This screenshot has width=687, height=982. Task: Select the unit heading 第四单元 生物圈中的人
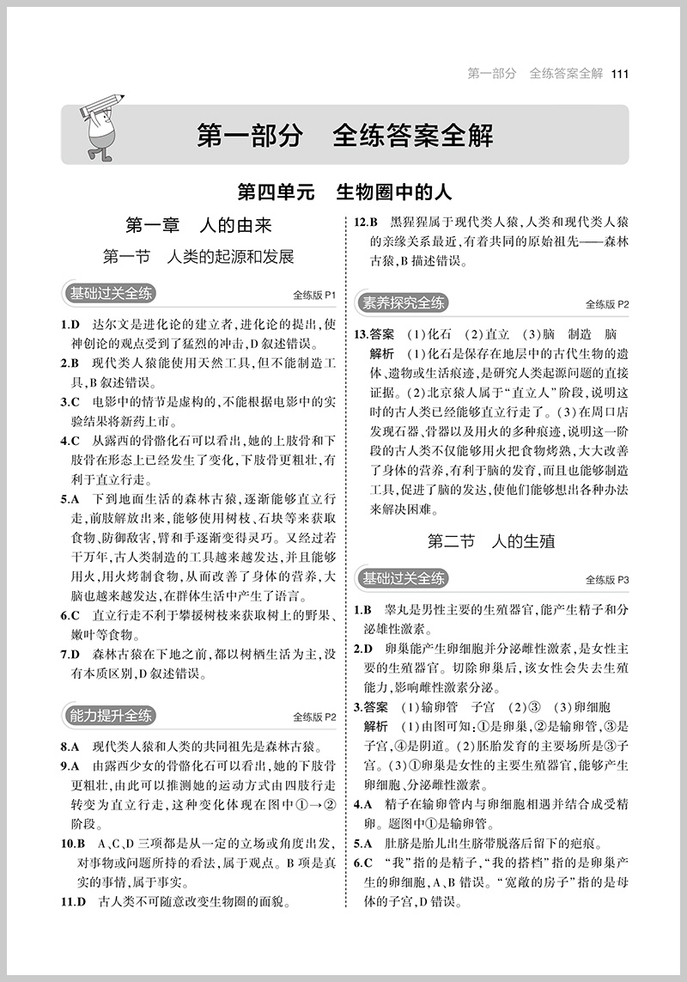(x=344, y=190)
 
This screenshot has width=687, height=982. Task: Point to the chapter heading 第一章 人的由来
(x=198, y=225)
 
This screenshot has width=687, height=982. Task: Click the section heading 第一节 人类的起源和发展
(x=198, y=256)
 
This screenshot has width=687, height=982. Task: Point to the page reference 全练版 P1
(x=314, y=295)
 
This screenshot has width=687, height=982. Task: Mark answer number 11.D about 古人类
(x=73, y=902)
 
